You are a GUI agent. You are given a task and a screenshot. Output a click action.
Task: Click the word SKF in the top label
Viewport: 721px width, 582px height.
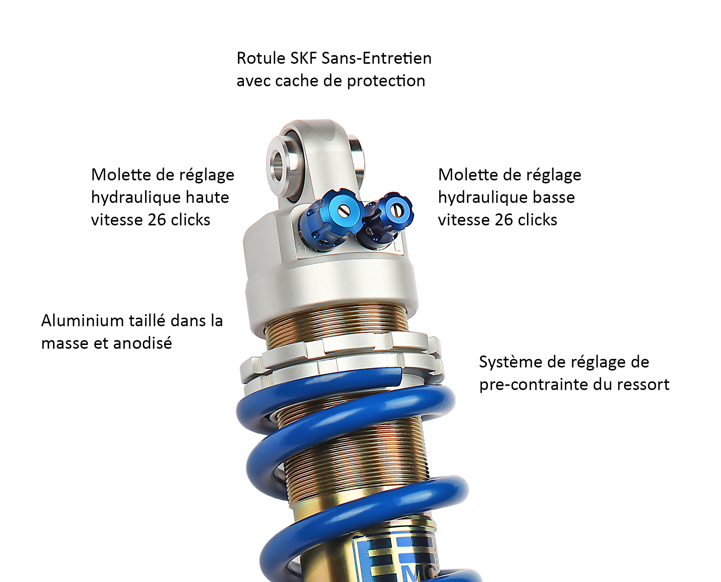tap(304, 58)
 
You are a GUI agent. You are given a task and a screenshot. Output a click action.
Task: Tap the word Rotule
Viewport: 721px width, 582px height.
tap(261, 58)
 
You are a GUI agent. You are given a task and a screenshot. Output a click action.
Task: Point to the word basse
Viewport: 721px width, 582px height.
tap(554, 197)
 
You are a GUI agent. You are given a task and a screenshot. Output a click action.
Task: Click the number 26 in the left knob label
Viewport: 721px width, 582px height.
tap(157, 220)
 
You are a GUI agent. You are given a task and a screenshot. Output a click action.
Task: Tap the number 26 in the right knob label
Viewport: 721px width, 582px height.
tap(504, 220)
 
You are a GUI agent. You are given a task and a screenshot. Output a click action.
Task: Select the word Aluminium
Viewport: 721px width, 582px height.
tap(83, 321)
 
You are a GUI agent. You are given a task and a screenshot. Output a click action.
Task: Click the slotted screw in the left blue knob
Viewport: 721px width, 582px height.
tap(342, 211)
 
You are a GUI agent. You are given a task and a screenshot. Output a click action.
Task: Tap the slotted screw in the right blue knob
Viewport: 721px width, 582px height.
tap(395, 210)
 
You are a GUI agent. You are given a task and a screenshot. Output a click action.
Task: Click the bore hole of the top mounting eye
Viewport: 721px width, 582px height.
tap(278, 165)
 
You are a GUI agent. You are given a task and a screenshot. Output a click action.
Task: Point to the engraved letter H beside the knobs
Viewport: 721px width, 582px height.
tap(302, 250)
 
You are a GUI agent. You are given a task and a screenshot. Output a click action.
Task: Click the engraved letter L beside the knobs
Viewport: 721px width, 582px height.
tap(397, 246)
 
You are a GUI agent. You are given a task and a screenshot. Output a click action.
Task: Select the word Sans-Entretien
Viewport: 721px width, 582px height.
tap(377, 58)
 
